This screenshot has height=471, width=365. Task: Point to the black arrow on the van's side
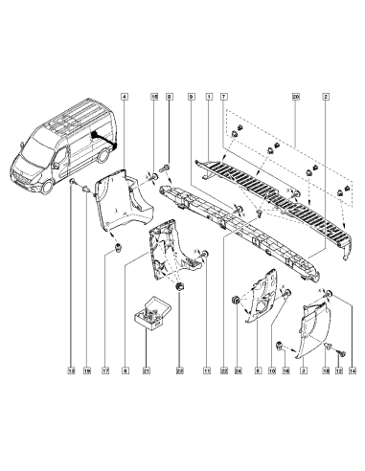point(107,144)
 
